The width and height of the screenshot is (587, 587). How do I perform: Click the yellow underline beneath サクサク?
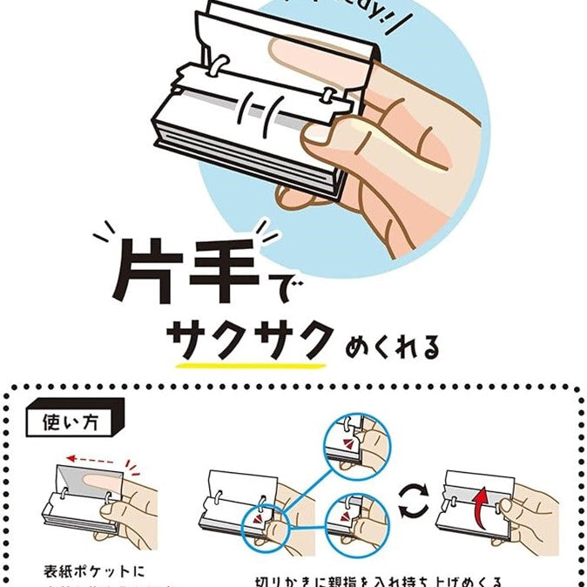tap(253, 363)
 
